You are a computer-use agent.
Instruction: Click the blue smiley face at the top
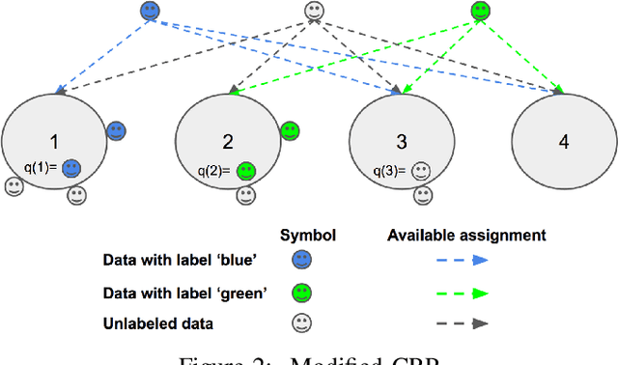pos(149,12)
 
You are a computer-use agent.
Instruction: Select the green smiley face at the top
pos(480,12)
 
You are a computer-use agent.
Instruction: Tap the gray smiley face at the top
pos(314,12)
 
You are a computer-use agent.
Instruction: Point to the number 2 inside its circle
pos(228,142)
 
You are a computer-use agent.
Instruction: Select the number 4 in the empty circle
pos(563,142)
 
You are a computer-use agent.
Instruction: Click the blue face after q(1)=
pos(70,168)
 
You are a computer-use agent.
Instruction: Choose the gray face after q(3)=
pos(420,173)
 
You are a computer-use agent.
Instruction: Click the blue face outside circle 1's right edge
pos(117,131)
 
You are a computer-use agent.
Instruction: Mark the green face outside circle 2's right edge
pos(290,131)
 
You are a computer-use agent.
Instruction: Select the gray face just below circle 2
pos(247,196)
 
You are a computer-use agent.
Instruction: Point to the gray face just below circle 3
pos(421,196)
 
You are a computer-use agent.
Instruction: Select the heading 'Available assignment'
pos(467,235)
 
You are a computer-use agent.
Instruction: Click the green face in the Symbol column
pos(301,293)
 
